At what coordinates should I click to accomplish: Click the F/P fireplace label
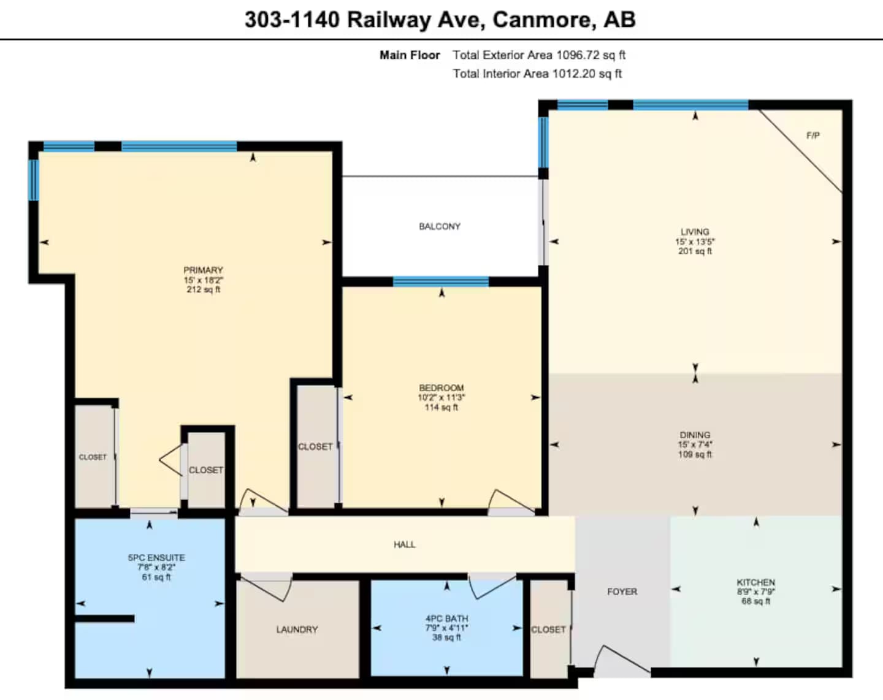[x=813, y=135]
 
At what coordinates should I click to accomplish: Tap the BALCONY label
[x=440, y=227]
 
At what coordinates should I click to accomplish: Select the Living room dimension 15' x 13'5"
[x=695, y=242]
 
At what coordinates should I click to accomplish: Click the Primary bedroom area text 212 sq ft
[x=203, y=289]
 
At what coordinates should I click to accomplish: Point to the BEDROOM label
[x=442, y=388]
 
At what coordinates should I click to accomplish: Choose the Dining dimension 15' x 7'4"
[x=695, y=444]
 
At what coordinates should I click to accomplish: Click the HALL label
[x=405, y=544]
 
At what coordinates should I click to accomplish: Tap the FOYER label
[x=622, y=592]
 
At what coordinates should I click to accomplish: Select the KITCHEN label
[x=756, y=582]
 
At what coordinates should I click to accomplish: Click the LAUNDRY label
[x=297, y=630]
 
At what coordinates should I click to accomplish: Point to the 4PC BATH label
[x=447, y=618]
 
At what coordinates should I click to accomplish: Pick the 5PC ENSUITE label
[x=156, y=558]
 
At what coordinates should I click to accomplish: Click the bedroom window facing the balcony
[x=441, y=282]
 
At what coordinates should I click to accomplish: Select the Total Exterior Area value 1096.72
[x=578, y=55]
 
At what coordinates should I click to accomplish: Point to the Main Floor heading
[x=410, y=55]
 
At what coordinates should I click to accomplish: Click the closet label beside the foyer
[x=549, y=630]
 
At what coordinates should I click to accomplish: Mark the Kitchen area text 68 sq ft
[x=756, y=601]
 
